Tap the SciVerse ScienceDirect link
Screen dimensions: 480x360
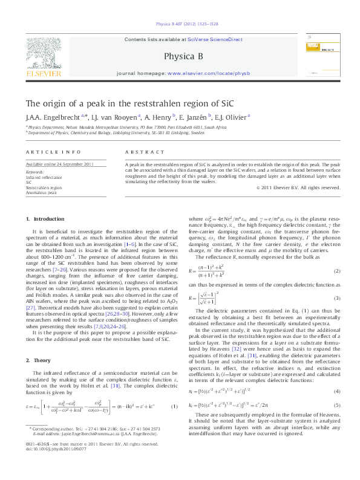coord(217,39)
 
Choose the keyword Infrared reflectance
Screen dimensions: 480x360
coord(44,178)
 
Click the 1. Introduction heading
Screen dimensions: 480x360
coord(41,218)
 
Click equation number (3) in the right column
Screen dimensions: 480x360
coord(337,299)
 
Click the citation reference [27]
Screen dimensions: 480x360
coord(30,307)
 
